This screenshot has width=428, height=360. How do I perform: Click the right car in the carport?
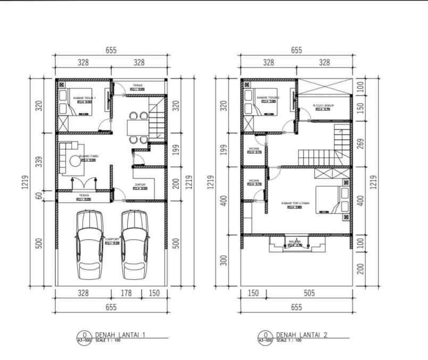[x=134, y=245]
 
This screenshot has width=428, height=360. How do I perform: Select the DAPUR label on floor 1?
[x=140, y=185]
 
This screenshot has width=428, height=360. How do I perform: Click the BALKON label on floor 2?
[x=295, y=242]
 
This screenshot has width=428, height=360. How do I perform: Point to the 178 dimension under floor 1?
[x=126, y=293]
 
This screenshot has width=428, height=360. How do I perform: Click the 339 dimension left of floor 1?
[x=38, y=162]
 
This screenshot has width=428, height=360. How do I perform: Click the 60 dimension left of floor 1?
[x=38, y=196]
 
